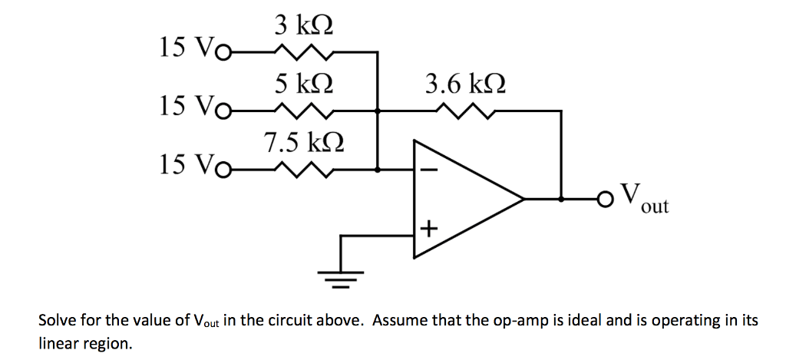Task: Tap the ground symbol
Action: coord(340,277)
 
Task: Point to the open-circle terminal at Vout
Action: coord(606,200)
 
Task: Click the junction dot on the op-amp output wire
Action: coord(562,200)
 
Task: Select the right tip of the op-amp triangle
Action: coord(524,200)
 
